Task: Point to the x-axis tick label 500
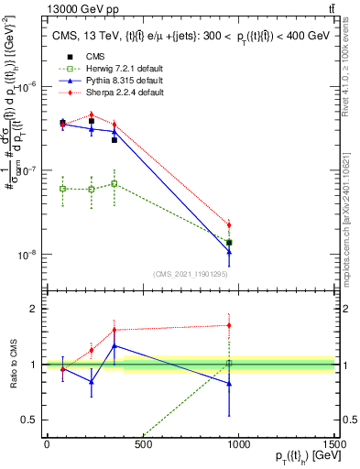[x=142, y=444]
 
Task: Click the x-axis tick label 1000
[x=239, y=444]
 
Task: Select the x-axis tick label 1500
[x=334, y=444]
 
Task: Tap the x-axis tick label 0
[x=46, y=444]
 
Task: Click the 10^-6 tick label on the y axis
[x=27, y=87]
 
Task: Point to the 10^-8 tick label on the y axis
[x=27, y=255]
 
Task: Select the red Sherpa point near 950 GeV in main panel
[x=229, y=224]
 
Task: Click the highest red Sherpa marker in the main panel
[x=92, y=115]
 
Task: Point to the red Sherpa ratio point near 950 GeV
[x=229, y=325]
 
